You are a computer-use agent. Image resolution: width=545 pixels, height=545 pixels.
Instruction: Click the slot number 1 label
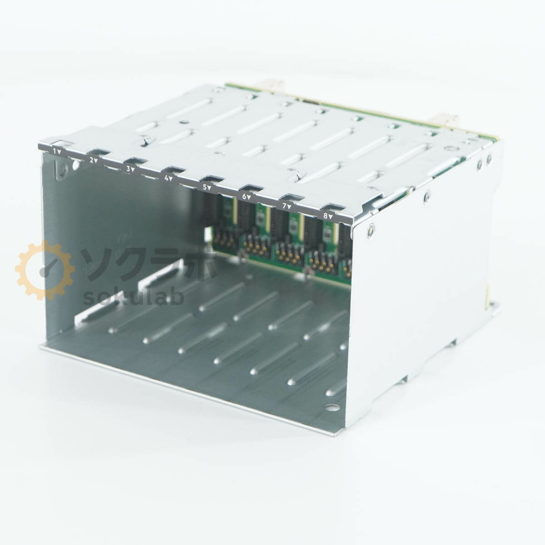tap(57, 151)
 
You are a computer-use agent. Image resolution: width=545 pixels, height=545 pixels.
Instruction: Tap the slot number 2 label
tap(94, 160)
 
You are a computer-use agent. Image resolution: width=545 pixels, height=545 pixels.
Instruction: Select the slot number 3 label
tap(130, 169)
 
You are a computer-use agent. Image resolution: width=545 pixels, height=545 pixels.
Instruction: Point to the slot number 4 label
tap(169, 178)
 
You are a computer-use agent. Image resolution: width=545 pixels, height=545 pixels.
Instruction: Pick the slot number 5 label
tap(207, 187)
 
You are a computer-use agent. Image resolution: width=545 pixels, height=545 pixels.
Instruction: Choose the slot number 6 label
tap(247, 197)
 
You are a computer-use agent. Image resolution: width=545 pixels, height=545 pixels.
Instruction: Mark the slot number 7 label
tap(287, 207)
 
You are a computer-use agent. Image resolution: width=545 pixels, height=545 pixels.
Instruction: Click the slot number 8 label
tap(328, 217)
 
